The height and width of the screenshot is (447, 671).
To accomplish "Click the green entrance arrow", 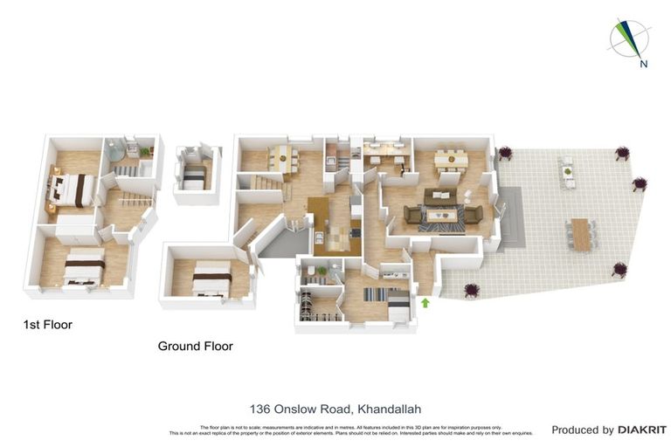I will coord(425,303).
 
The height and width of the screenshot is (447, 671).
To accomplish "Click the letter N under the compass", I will coord(643,64).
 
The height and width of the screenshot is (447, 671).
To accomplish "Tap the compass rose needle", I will coord(628,37).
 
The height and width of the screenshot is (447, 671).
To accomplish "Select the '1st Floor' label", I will coord(47,325).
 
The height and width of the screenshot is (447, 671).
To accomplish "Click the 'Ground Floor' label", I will coord(195,346).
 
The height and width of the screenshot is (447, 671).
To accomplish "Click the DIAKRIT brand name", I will coord(642,430).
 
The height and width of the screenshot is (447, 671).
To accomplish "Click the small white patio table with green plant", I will coord(569,172).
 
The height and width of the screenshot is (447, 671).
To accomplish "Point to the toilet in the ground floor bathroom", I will coord(322,272).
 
